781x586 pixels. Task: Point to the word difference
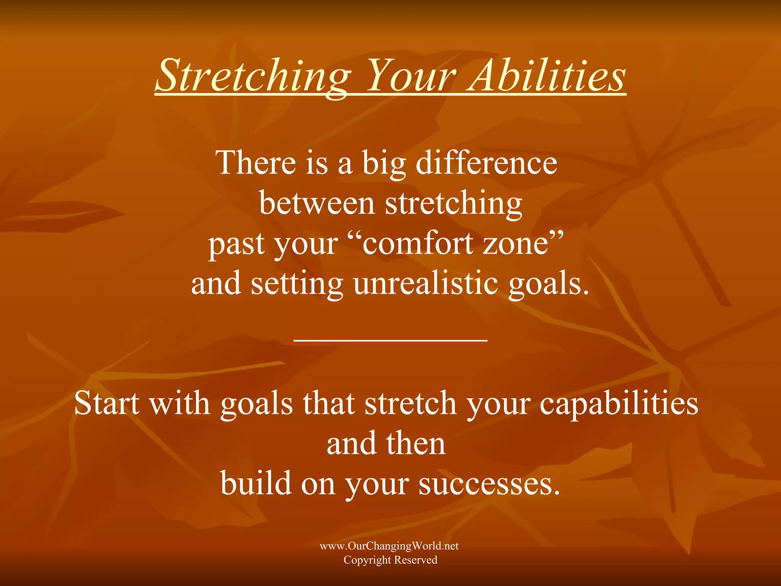[x=486, y=163]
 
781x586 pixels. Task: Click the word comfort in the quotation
[x=418, y=244]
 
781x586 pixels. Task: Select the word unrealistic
[x=426, y=284]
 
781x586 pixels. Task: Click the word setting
[x=297, y=284]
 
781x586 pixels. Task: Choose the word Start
[x=106, y=403]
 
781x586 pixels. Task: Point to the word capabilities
[x=619, y=403]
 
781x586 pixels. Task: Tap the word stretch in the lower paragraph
[x=410, y=403]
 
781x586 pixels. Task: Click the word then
[x=416, y=444]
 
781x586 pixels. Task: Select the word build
[x=256, y=483]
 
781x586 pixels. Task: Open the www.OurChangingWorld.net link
[x=389, y=546]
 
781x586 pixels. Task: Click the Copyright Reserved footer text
[x=390, y=560]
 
